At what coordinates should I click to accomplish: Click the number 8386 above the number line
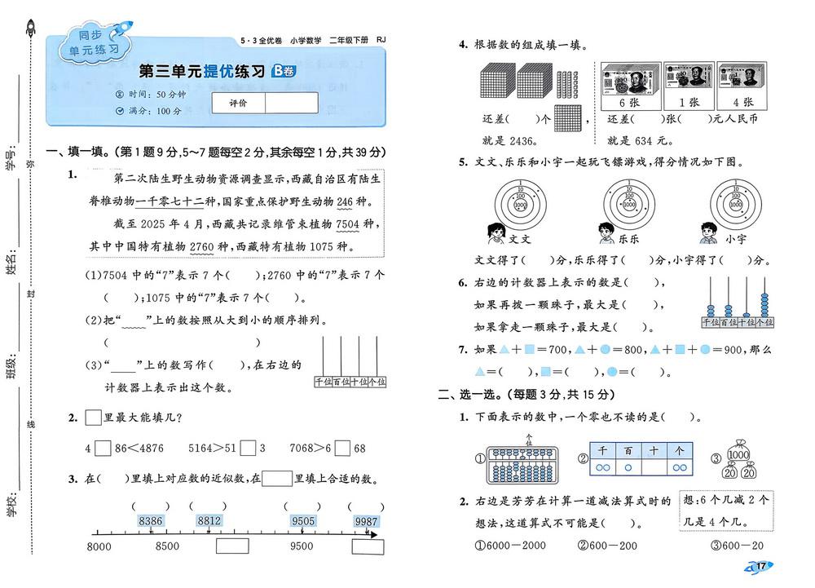[152, 521]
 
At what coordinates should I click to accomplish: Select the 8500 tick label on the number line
[166, 546]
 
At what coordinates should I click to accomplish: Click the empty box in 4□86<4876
[103, 448]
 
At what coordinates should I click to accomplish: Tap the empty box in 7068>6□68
[342, 448]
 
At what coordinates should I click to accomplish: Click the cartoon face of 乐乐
[605, 234]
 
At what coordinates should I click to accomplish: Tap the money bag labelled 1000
[738, 453]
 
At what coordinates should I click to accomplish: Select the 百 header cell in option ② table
[628, 449]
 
